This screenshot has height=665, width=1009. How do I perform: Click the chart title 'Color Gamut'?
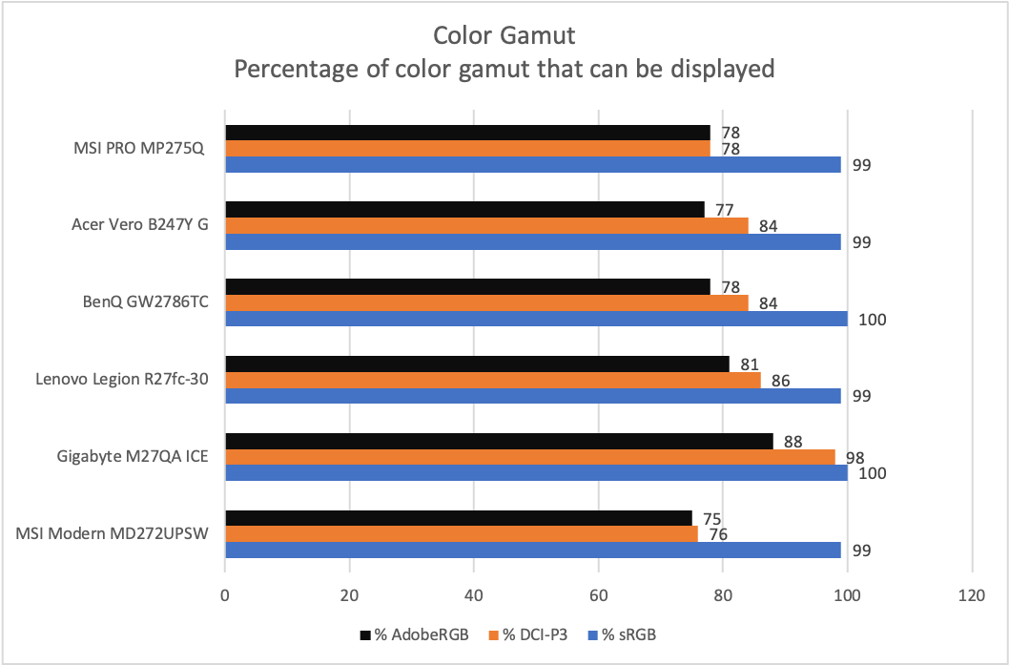[x=504, y=36]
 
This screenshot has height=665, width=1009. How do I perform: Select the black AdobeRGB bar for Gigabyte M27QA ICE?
[x=499, y=441]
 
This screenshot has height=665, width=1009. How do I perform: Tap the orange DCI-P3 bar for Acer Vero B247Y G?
[x=486, y=225]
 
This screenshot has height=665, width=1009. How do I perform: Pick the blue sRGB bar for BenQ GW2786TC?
[x=536, y=319]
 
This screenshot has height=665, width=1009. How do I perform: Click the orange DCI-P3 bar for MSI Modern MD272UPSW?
[x=462, y=533]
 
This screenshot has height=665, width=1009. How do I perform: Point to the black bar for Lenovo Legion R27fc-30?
[x=477, y=364]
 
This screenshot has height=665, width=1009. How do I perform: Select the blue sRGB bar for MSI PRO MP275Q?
[x=533, y=164]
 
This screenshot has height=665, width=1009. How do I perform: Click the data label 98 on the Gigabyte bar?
[x=855, y=458]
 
